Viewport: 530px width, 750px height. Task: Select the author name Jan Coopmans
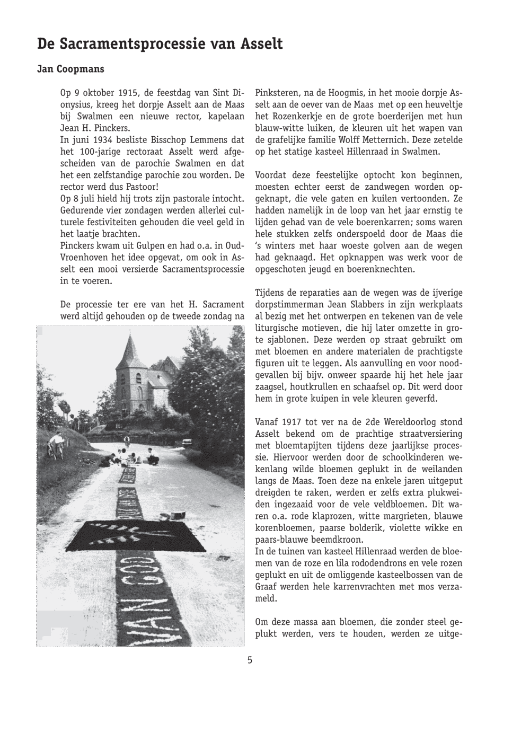click(70, 69)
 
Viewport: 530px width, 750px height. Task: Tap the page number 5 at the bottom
click(250, 660)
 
